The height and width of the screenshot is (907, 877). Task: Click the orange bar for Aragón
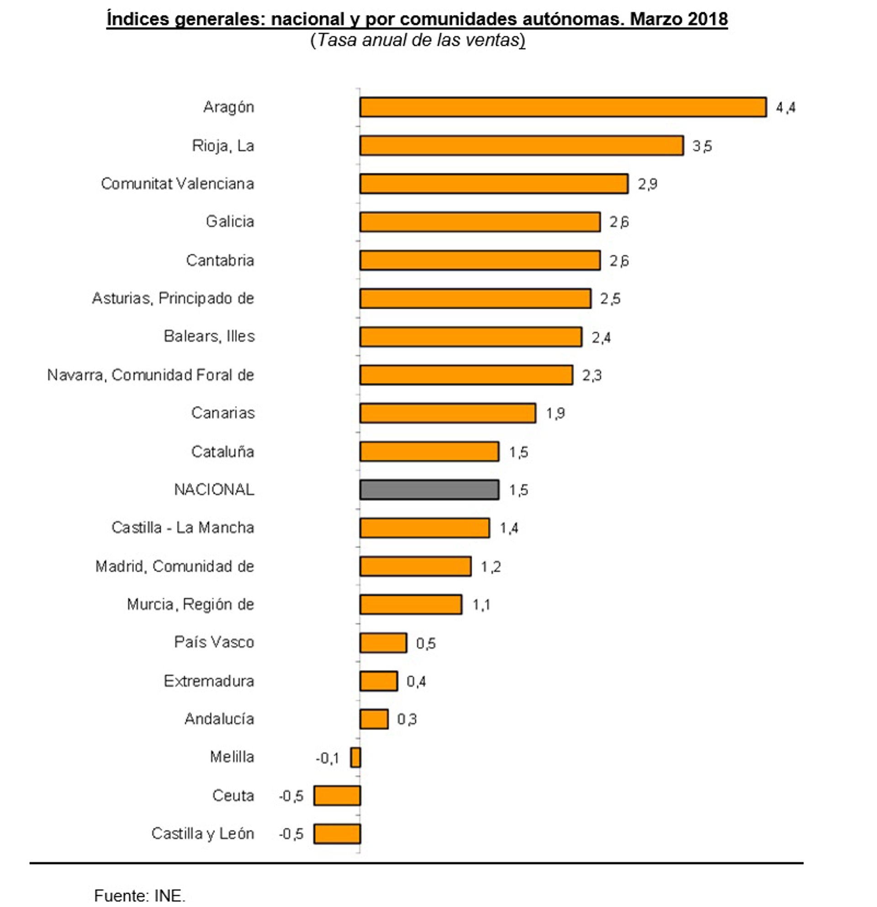click(562, 107)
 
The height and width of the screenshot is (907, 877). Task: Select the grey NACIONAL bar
click(429, 489)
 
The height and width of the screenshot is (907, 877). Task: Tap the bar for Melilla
click(355, 758)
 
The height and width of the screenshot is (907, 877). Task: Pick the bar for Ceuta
click(337, 796)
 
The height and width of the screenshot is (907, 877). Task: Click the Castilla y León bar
click(337, 834)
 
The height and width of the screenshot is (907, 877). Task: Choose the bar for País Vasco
click(383, 643)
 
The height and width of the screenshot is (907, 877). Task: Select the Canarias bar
click(448, 413)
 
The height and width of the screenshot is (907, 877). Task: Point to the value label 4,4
click(785, 108)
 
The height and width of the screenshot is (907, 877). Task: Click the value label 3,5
click(702, 146)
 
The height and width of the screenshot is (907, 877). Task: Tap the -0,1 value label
click(328, 758)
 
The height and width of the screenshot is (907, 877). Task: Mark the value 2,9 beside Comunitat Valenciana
click(647, 184)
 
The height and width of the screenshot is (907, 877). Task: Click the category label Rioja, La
click(223, 146)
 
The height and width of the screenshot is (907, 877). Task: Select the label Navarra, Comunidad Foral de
click(151, 375)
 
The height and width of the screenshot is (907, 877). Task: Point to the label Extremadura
click(209, 681)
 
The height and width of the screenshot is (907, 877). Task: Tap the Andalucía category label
click(219, 719)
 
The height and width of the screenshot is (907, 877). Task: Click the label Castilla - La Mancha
click(183, 528)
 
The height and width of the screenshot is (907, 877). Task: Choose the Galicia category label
click(230, 222)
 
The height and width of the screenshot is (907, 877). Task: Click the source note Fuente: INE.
click(140, 896)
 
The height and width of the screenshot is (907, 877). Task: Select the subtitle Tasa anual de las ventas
click(417, 40)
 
